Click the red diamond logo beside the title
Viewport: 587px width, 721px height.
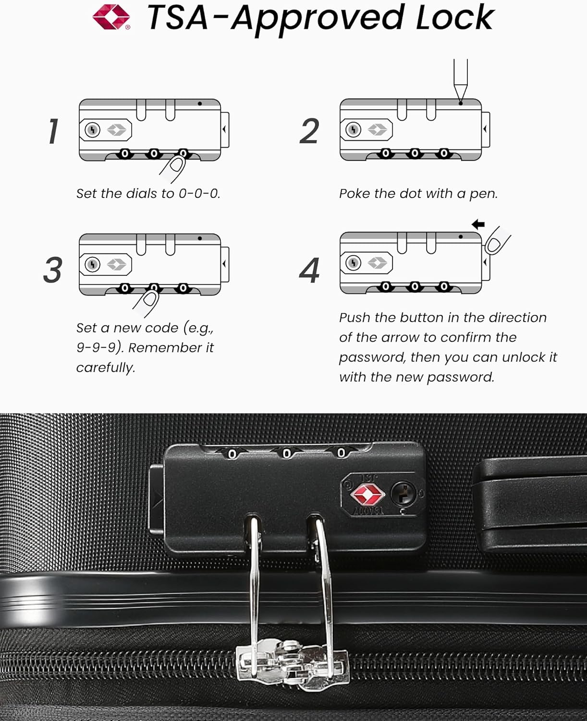[111, 17]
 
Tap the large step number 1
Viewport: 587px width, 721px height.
[54, 131]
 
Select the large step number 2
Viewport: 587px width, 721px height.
[309, 132]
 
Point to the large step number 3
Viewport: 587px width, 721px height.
[53, 270]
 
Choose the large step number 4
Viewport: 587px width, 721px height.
[309, 271]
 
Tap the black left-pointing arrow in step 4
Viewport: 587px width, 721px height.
[478, 224]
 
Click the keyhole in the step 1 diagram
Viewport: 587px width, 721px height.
[92, 130]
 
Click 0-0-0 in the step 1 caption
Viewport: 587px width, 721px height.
[199, 194]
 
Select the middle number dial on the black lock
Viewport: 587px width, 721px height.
[287, 453]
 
